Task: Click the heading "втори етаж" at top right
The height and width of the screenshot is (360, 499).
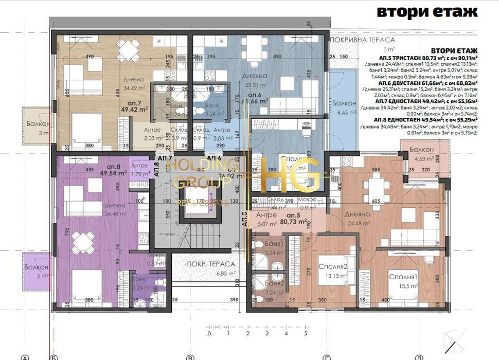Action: (x=427, y=12)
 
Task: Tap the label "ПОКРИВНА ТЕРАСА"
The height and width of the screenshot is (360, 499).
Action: (x=363, y=40)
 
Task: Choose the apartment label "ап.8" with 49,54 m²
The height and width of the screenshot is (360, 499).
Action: (x=114, y=167)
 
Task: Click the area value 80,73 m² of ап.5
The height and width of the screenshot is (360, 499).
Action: (x=294, y=223)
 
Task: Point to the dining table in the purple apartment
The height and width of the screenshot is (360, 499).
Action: (x=84, y=242)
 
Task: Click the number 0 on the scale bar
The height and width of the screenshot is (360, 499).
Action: (x=209, y=334)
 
